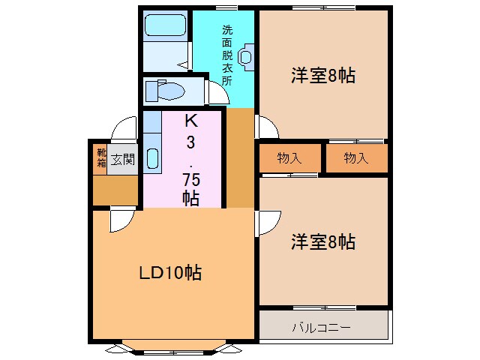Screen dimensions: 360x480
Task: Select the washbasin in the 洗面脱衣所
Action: (246, 56)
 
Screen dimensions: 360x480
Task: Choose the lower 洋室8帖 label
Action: (323, 242)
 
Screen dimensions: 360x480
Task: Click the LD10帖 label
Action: (169, 273)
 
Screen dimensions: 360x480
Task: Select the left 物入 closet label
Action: (289, 157)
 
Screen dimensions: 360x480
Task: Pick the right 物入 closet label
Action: (356, 157)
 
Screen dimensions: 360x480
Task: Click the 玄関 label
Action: (123, 159)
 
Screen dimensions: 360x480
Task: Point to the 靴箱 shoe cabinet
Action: (100, 158)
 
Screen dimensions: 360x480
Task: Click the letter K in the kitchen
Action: (190, 120)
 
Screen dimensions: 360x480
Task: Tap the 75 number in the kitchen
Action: (190, 180)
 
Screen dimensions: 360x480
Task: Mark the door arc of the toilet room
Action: (217, 92)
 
